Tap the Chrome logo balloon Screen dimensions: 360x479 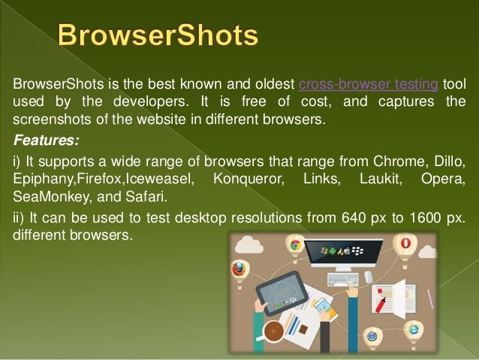(x=296, y=246)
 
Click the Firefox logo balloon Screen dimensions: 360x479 (x=240, y=269)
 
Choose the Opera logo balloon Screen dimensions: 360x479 (x=405, y=244)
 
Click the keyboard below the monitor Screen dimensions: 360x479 (x=343, y=280)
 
